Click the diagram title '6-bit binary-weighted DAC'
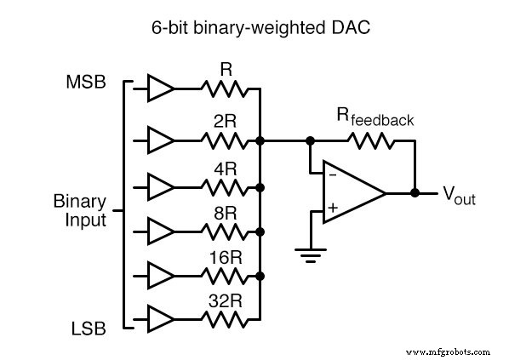[x=254, y=26]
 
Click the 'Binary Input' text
[x=80, y=210]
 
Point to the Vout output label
[x=458, y=197]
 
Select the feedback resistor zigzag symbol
[x=374, y=140]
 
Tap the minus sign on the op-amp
[x=331, y=176]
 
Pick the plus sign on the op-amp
[x=331, y=207]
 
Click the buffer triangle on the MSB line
[x=160, y=87]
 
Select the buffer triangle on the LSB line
[x=160, y=320]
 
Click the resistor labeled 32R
[x=225, y=320]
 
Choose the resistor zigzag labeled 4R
[x=225, y=186]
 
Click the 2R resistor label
[x=225, y=122]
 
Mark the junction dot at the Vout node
[x=415, y=192]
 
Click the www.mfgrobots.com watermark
[x=449, y=351]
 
